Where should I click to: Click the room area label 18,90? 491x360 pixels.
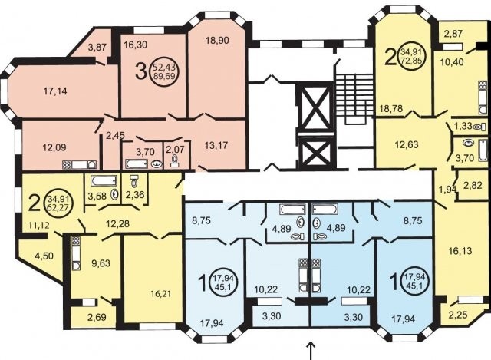[x=217, y=40]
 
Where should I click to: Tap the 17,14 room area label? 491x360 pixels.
[x=55, y=91]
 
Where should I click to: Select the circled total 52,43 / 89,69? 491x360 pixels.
[x=164, y=71]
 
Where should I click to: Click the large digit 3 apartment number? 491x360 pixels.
[x=141, y=71]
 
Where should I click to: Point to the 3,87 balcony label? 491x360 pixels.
[x=97, y=47]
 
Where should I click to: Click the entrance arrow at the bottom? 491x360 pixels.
[x=310, y=351]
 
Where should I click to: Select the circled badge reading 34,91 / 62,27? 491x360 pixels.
[x=59, y=203]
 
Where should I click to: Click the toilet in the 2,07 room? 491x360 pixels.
[x=174, y=161]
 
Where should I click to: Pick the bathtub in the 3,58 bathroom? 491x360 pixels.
[x=104, y=181]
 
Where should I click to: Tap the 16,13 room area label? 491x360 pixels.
[x=460, y=251]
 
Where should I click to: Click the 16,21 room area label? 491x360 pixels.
[x=159, y=294]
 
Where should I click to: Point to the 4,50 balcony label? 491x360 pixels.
[x=44, y=256]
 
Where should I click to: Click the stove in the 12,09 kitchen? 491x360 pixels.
[x=68, y=164]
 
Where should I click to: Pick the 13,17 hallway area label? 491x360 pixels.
[x=216, y=145]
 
